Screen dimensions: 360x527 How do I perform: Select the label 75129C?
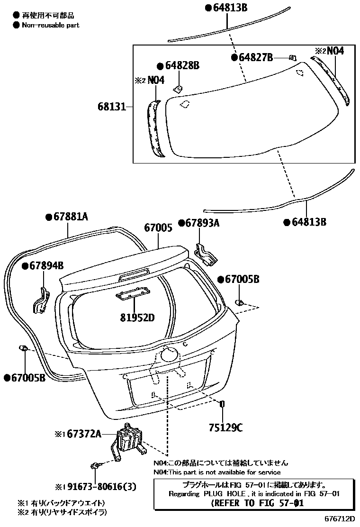pyautogui.click(x=225, y=428)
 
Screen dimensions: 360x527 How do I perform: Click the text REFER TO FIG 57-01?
pyautogui.click(x=257, y=503)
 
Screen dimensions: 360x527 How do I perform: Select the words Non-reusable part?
pyautogui.click(x=51, y=25)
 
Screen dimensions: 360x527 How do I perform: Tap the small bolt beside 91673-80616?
pyautogui.click(x=95, y=466)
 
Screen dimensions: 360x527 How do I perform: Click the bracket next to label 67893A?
pyautogui.click(x=206, y=255)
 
